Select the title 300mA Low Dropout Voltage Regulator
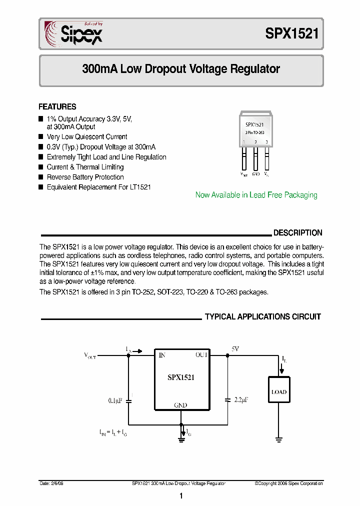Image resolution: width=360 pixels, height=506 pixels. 181,69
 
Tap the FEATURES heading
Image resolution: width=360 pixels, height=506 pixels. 57,106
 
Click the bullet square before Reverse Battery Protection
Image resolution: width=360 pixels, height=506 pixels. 41,177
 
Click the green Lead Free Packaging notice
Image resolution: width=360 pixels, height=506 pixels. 256,195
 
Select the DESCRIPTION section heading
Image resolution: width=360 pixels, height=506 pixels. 297,233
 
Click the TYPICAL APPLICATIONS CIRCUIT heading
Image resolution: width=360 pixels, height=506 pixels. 263,317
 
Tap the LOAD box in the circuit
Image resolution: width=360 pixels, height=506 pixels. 279,392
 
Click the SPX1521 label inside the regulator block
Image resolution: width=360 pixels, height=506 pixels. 180,378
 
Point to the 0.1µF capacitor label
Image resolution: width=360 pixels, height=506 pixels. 116,400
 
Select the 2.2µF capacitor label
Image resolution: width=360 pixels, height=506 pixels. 240,400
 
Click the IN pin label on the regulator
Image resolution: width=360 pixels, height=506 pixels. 161,355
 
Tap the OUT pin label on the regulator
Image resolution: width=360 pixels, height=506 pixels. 201,355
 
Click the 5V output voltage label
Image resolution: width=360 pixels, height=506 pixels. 235,349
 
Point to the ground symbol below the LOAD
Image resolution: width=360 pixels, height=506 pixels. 279,440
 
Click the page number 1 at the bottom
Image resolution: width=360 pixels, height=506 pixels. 180,495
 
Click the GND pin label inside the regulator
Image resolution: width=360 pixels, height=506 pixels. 180,405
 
